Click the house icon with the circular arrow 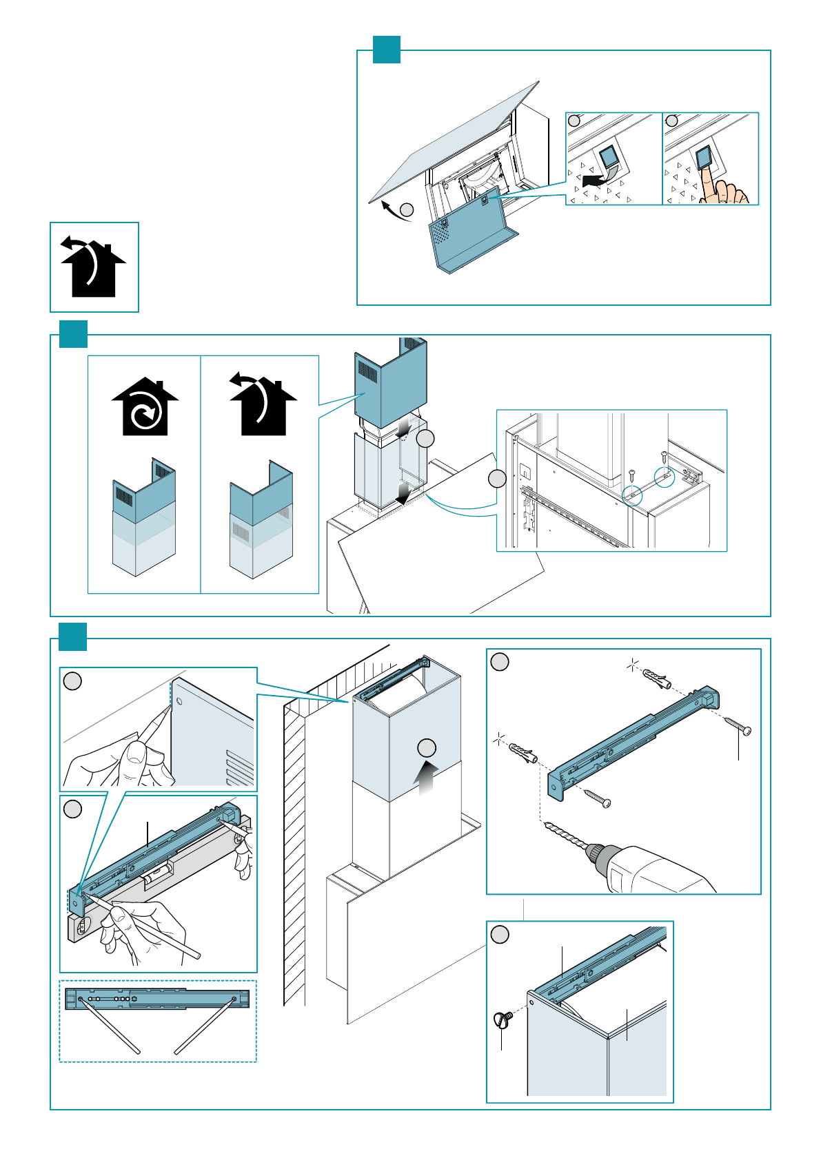(x=145, y=408)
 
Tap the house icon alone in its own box (x=94, y=268)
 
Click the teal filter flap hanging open (x=469, y=231)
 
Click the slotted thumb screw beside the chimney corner (x=503, y=1018)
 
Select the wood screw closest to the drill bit (x=597, y=799)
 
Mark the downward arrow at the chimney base (x=404, y=493)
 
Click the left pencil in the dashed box (x=110, y=1025)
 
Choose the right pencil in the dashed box (x=205, y=1026)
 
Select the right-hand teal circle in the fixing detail (x=664, y=478)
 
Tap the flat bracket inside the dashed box (x=157, y=998)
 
